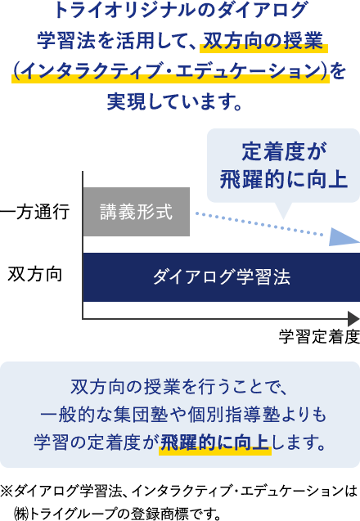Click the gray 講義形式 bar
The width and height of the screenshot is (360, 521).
pos(137,212)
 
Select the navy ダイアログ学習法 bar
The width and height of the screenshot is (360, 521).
pos(222,277)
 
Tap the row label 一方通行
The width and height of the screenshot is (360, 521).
pos(34,212)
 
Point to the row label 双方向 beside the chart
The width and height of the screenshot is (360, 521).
pos(35,275)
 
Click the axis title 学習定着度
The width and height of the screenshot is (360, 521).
pos(319,337)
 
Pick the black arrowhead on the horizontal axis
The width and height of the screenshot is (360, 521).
pos(353,319)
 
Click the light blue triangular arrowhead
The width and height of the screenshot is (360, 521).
pos(344,237)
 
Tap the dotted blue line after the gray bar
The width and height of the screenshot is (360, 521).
pos(259,224)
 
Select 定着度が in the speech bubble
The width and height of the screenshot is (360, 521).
pos(285,151)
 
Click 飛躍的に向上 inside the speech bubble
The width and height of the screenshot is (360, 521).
pos(284,180)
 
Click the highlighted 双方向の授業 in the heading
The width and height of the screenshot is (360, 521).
pos(263,41)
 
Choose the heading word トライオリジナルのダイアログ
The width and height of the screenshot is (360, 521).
pos(180,11)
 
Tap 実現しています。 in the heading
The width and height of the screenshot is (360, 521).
pos(174,101)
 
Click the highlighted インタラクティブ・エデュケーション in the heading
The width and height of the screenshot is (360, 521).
pos(170,71)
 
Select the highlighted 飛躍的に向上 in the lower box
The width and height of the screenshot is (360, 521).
pos(214,443)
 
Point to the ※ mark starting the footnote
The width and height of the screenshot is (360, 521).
pos(7,491)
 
